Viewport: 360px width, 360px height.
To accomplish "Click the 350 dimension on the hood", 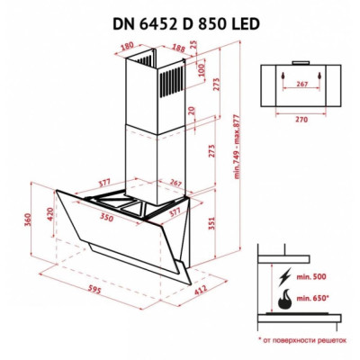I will [x=106, y=219].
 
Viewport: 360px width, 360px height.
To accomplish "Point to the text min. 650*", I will [x=312, y=296].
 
